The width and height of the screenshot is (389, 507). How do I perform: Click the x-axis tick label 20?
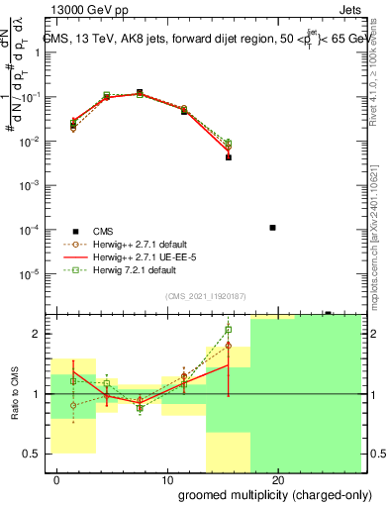[278, 480]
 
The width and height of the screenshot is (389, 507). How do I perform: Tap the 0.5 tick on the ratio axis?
[34, 454]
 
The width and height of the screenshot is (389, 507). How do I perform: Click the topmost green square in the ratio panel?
[229, 330]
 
